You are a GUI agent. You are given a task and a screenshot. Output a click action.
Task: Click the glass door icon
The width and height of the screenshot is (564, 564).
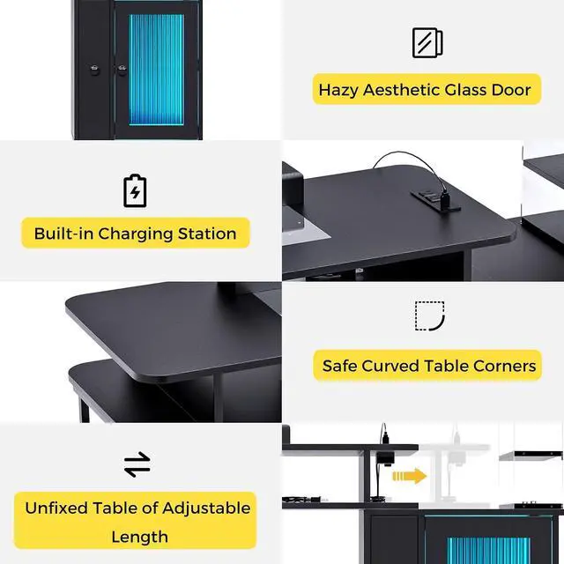427,42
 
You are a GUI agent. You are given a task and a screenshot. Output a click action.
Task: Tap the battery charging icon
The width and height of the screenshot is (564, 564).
135,191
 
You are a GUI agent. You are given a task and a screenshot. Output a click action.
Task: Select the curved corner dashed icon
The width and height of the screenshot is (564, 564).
430,315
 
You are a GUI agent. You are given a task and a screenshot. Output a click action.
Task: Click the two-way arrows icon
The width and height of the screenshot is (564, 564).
137,464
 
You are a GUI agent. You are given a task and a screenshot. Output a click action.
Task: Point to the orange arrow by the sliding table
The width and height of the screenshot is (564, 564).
409,476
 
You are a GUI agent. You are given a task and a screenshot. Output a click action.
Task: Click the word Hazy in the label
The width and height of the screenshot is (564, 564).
338,90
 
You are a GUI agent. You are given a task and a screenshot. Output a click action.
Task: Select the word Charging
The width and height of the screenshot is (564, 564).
136,234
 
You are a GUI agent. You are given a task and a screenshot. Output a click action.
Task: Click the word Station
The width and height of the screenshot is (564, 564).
207,234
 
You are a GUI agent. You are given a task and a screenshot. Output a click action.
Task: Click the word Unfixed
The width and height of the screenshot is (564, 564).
56,508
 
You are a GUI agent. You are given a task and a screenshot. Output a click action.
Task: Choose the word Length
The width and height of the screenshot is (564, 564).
139,538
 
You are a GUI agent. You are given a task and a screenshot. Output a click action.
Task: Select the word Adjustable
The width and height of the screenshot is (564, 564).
206,509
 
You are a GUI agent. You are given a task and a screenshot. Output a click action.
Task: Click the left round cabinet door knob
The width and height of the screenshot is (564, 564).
94,70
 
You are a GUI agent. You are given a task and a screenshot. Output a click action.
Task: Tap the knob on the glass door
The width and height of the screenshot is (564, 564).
122,70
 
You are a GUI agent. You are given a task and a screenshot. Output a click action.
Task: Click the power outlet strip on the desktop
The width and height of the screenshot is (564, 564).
435,200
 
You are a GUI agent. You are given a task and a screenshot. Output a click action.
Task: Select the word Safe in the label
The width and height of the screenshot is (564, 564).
339,367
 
